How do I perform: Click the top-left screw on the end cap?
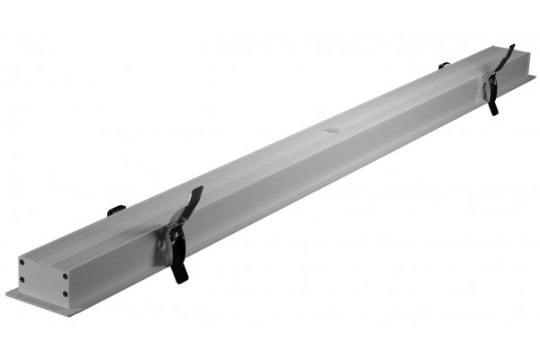[23, 262]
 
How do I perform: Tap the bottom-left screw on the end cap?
[22, 287]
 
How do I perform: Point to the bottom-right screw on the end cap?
[66, 293]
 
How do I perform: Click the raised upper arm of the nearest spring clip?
[190, 206]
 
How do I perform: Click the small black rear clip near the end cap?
[116, 211]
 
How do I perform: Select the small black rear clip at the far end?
[444, 65]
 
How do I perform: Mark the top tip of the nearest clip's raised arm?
[199, 189]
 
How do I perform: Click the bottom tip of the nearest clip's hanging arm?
[183, 281]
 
